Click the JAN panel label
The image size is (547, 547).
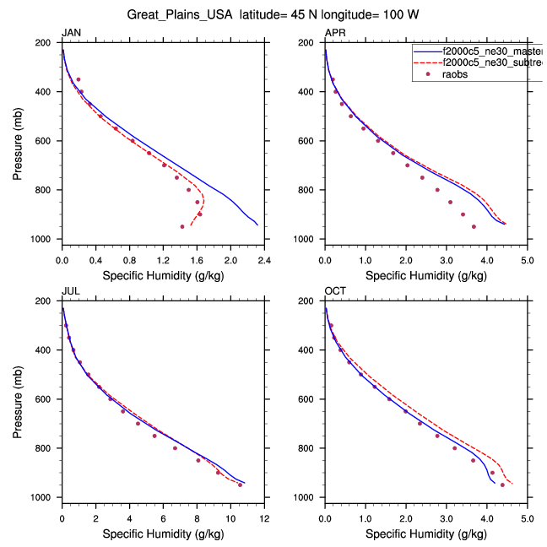pyautogui.click(x=70, y=33)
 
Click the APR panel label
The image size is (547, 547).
pyautogui.click(x=334, y=33)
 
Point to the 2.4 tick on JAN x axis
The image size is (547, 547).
pyautogui.click(x=264, y=259)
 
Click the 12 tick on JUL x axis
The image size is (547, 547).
pyautogui.click(x=264, y=517)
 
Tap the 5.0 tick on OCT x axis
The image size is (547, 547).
pyautogui.click(x=527, y=517)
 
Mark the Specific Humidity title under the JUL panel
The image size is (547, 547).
pyautogui.click(x=162, y=533)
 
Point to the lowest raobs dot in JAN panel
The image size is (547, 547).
pyautogui.click(x=181, y=226)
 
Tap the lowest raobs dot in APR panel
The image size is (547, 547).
pyautogui.click(x=474, y=226)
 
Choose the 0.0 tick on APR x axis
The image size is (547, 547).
pyautogui.click(x=325, y=259)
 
